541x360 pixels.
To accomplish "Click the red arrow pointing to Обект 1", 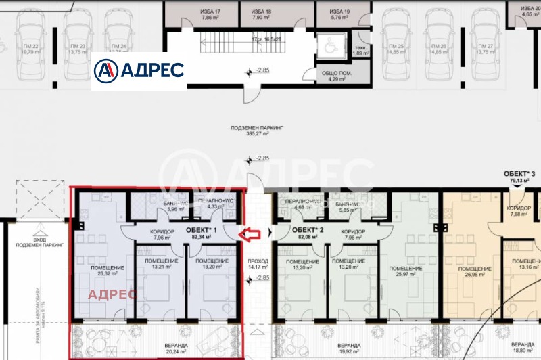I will [x=251, y=234].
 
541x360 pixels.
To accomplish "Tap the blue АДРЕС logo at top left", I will [x=139, y=70].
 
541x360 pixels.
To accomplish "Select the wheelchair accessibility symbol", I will [x=330, y=47].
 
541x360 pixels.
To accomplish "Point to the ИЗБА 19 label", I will [x=339, y=15].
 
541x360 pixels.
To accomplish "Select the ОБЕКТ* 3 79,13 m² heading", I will [x=521, y=177].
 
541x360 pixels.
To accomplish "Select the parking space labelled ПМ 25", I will [x=392, y=49].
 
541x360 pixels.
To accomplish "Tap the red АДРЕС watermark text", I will [x=113, y=294].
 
